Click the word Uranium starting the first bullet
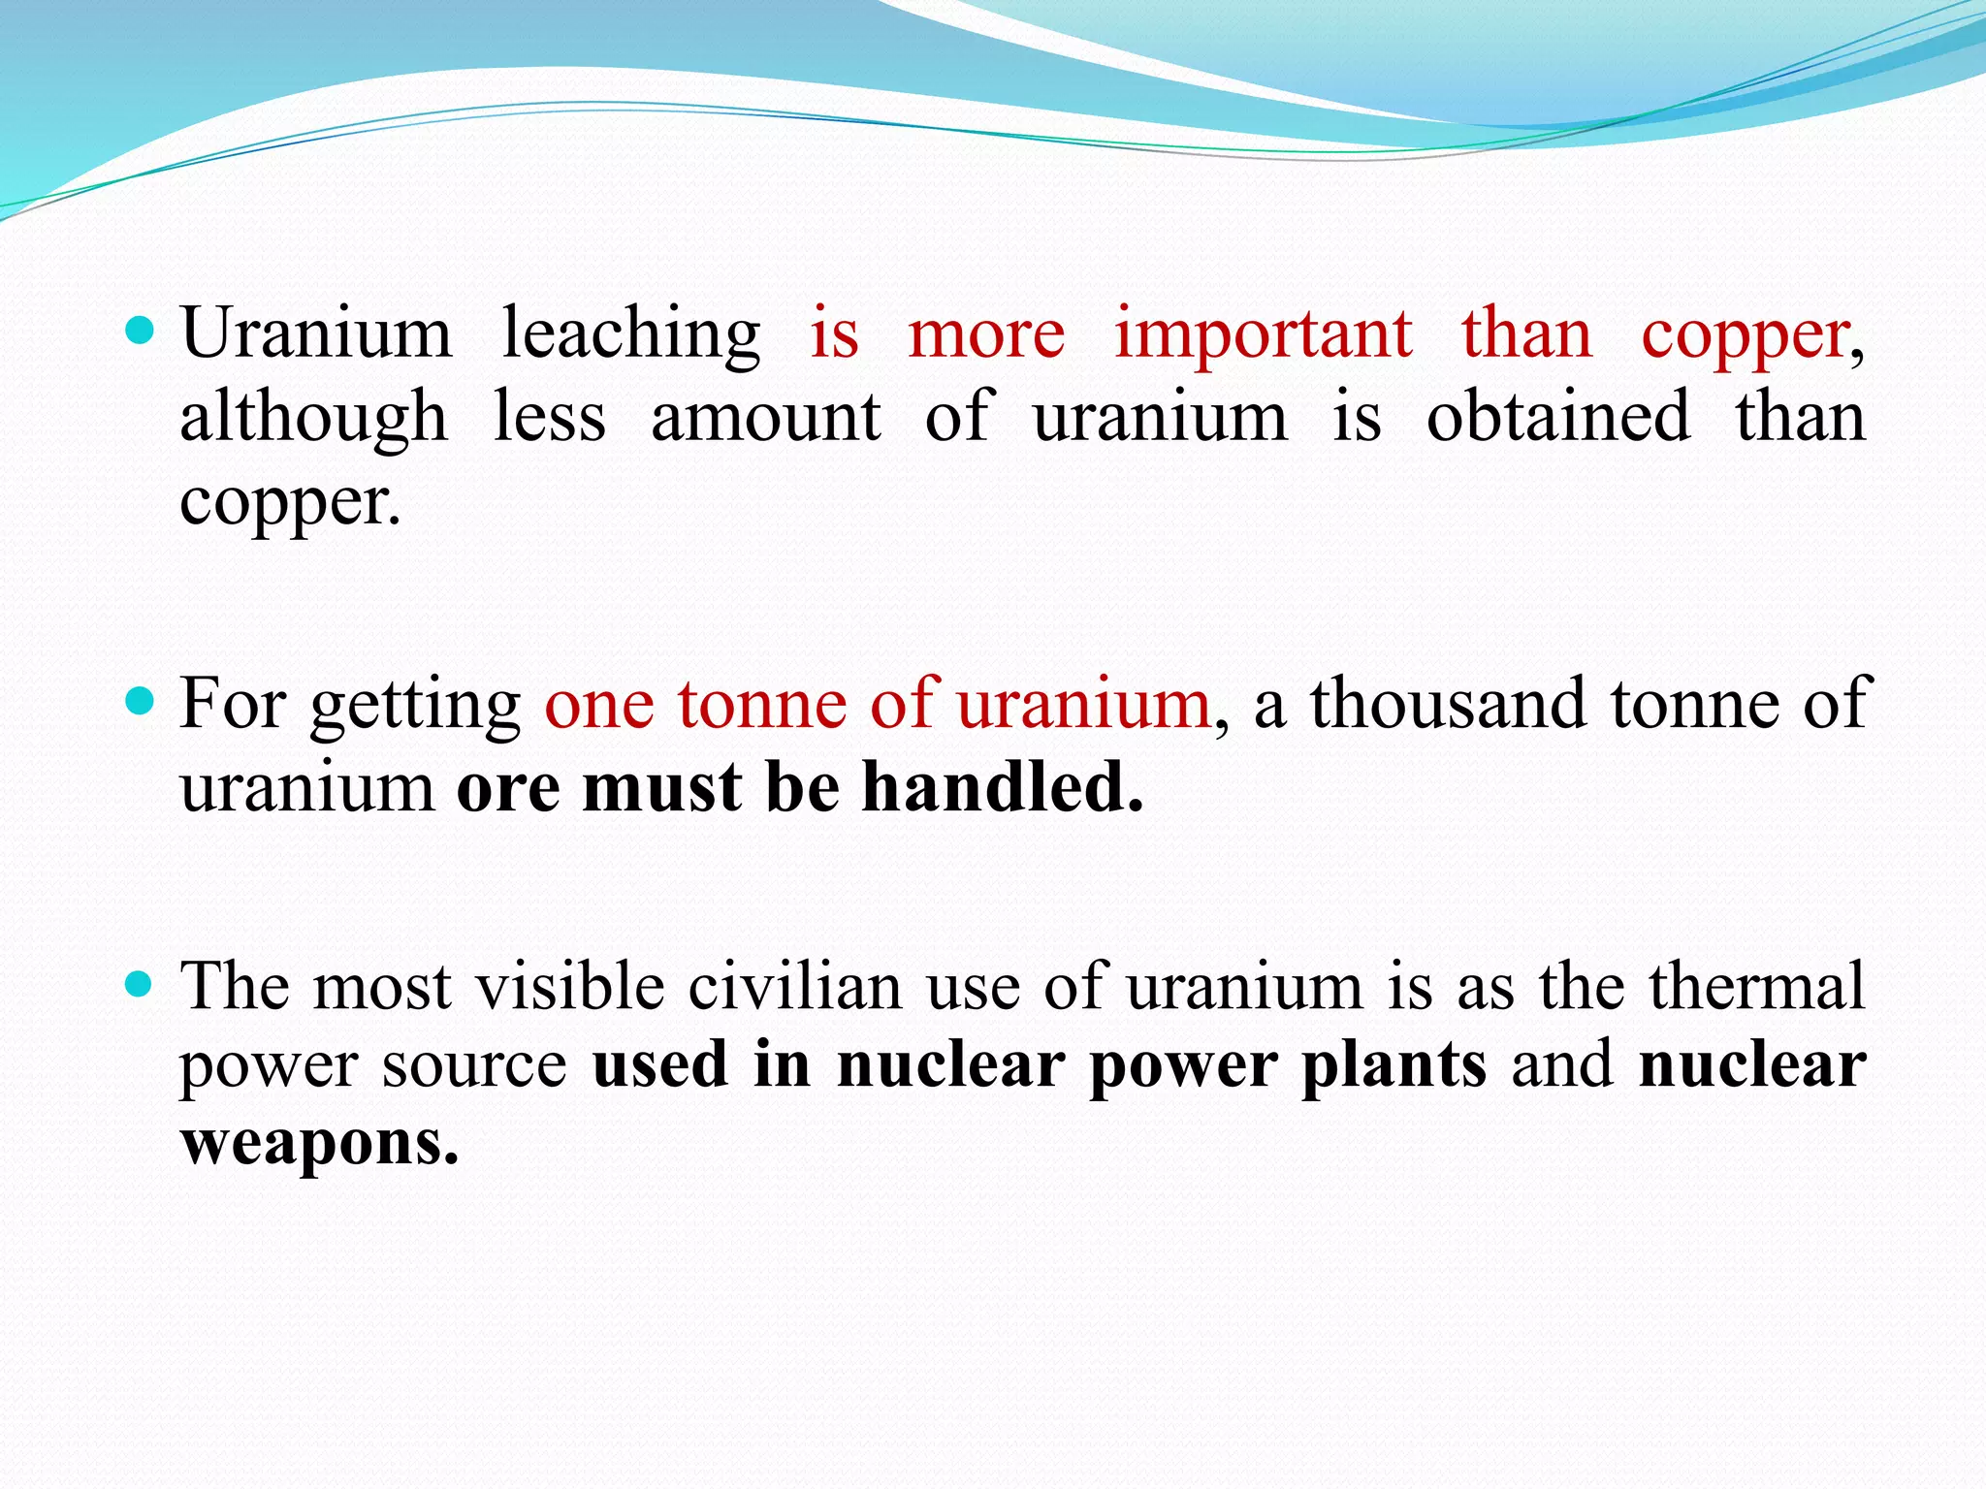pos(316,333)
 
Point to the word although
pos(313,418)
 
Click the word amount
pos(765,418)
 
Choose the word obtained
pos(1558,417)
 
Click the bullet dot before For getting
pos(141,701)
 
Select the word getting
pos(415,706)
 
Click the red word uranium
pos(1084,704)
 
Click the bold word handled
pos(1003,786)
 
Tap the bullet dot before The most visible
pos(141,986)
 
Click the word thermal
pos(1756,987)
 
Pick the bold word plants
pos(1393,1066)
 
